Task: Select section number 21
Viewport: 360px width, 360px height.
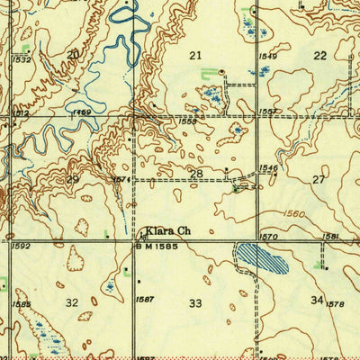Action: pos(195,56)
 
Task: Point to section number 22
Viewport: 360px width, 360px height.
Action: pos(319,56)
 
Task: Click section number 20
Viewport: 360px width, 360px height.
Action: pos(72,55)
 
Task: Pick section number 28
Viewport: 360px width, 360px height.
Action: pos(195,173)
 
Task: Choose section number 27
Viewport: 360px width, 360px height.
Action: pos(318,180)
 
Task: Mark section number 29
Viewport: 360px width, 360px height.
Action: pos(73,180)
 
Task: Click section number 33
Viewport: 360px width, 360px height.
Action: pos(195,303)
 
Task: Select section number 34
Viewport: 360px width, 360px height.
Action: pos(317,299)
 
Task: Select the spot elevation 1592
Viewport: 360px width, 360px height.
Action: pos(22,246)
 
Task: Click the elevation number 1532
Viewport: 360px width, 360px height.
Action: pos(22,59)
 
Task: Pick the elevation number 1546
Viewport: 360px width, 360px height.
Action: pos(268,167)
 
